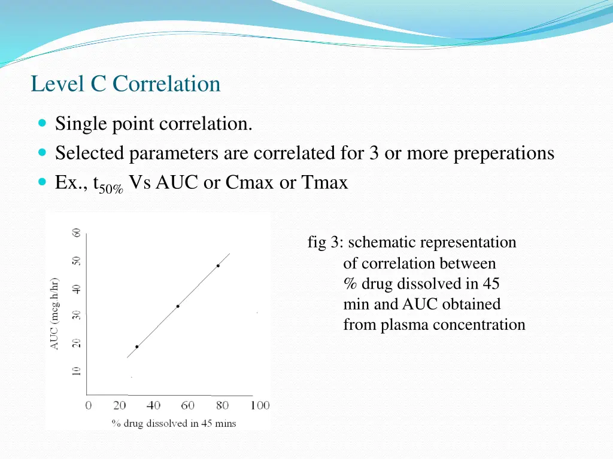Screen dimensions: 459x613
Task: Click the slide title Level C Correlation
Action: tap(126, 84)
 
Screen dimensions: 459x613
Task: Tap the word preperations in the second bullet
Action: tap(503, 154)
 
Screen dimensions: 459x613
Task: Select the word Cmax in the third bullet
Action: tap(250, 182)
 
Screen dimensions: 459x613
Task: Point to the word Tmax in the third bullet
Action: tap(324, 182)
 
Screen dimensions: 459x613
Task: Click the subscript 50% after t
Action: tap(111, 189)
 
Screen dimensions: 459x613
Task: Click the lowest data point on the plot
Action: tap(136, 347)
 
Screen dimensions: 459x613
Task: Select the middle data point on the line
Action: tap(178, 306)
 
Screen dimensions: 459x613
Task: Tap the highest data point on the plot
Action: tap(218, 265)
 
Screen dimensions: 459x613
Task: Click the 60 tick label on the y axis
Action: tap(76, 232)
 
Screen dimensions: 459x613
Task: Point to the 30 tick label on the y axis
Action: tap(76, 315)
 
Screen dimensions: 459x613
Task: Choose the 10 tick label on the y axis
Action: tap(76, 371)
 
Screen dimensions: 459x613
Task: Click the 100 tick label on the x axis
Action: tap(260, 406)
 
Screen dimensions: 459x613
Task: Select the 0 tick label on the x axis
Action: tap(89, 406)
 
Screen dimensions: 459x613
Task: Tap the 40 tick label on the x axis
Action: tap(153, 406)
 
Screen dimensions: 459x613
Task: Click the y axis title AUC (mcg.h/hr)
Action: tap(54, 313)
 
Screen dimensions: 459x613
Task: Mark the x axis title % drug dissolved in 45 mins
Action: tap(174, 423)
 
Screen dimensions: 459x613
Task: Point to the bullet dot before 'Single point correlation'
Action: tap(41, 124)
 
